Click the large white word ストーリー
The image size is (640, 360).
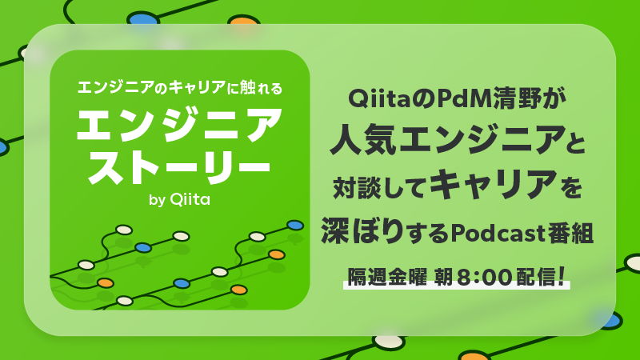click(x=179, y=164)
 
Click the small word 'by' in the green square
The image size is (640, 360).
click(x=157, y=201)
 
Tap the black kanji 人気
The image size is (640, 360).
click(x=359, y=142)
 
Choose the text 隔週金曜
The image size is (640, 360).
click(x=386, y=276)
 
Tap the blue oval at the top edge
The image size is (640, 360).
click(x=142, y=18)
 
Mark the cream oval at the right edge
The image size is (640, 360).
click(x=632, y=262)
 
